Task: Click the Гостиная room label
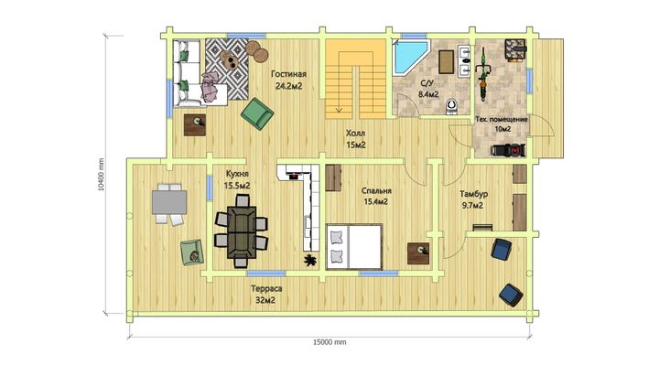[x=288, y=74]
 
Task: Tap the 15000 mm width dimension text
[x=329, y=342]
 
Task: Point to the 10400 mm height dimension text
[x=101, y=175]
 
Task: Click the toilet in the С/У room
[x=451, y=106]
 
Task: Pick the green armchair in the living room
[x=257, y=113]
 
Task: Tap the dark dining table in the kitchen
[x=242, y=231]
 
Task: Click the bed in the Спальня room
[x=354, y=247]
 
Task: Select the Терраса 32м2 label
[x=265, y=295]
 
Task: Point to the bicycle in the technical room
[x=483, y=75]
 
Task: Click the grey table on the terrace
[x=169, y=202]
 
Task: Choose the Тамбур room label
[x=474, y=194]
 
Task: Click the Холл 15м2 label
[x=355, y=139]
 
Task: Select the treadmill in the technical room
[x=509, y=150]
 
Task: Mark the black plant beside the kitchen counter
[x=310, y=261]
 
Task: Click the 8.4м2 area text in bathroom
[x=427, y=94]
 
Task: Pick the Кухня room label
[x=237, y=174]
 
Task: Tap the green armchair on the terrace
[x=192, y=252]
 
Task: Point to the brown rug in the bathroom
[x=447, y=62]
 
